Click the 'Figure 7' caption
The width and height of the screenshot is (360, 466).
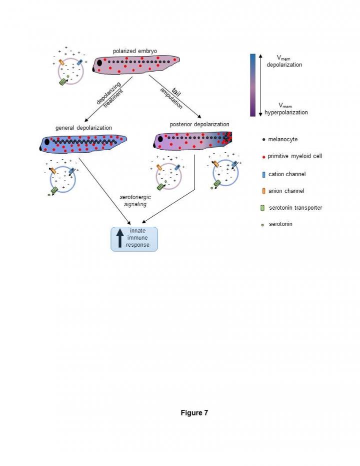[x=194, y=413]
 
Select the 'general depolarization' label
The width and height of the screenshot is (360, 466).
[x=83, y=128]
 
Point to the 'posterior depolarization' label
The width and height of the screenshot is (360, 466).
[x=199, y=124]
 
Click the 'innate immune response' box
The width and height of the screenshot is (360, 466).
[x=133, y=238]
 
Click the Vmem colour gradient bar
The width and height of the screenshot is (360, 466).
[x=252, y=85]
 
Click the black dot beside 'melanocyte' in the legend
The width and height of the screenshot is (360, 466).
[x=263, y=140]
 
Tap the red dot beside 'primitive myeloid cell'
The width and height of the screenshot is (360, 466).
[x=263, y=156]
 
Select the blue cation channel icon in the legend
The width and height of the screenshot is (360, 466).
[x=263, y=174]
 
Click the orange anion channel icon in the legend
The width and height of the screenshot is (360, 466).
[x=263, y=191]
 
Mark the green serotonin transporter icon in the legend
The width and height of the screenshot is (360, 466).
[x=263, y=208]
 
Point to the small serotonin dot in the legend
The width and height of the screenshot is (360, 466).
[x=263, y=224]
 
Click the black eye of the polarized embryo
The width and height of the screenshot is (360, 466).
[x=100, y=63]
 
